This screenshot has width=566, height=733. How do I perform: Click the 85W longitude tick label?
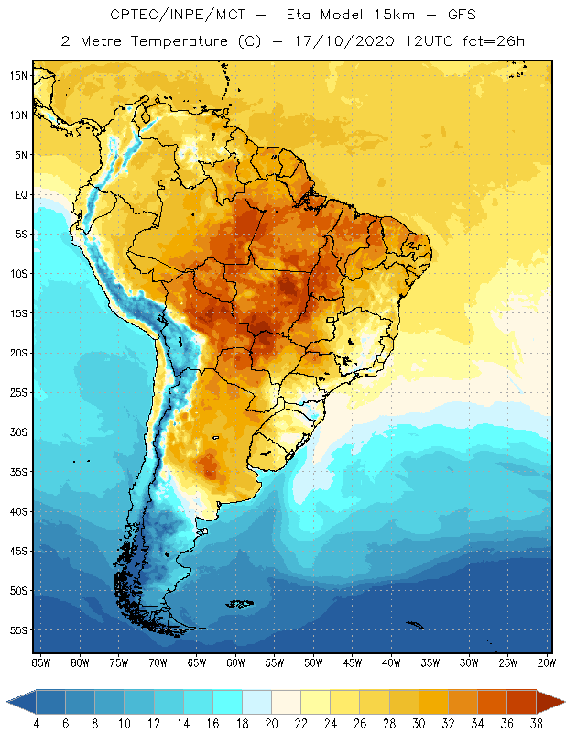tap(40, 662)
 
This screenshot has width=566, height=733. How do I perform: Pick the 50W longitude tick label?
tap(313, 662)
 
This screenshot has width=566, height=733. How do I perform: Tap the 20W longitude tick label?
tap(547, 662)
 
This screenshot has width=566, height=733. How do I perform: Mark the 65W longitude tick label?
tap(196, 662)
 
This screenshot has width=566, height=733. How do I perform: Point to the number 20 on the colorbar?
tap(272, 724)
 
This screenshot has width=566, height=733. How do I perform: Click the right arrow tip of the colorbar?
tap(562, 702)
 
